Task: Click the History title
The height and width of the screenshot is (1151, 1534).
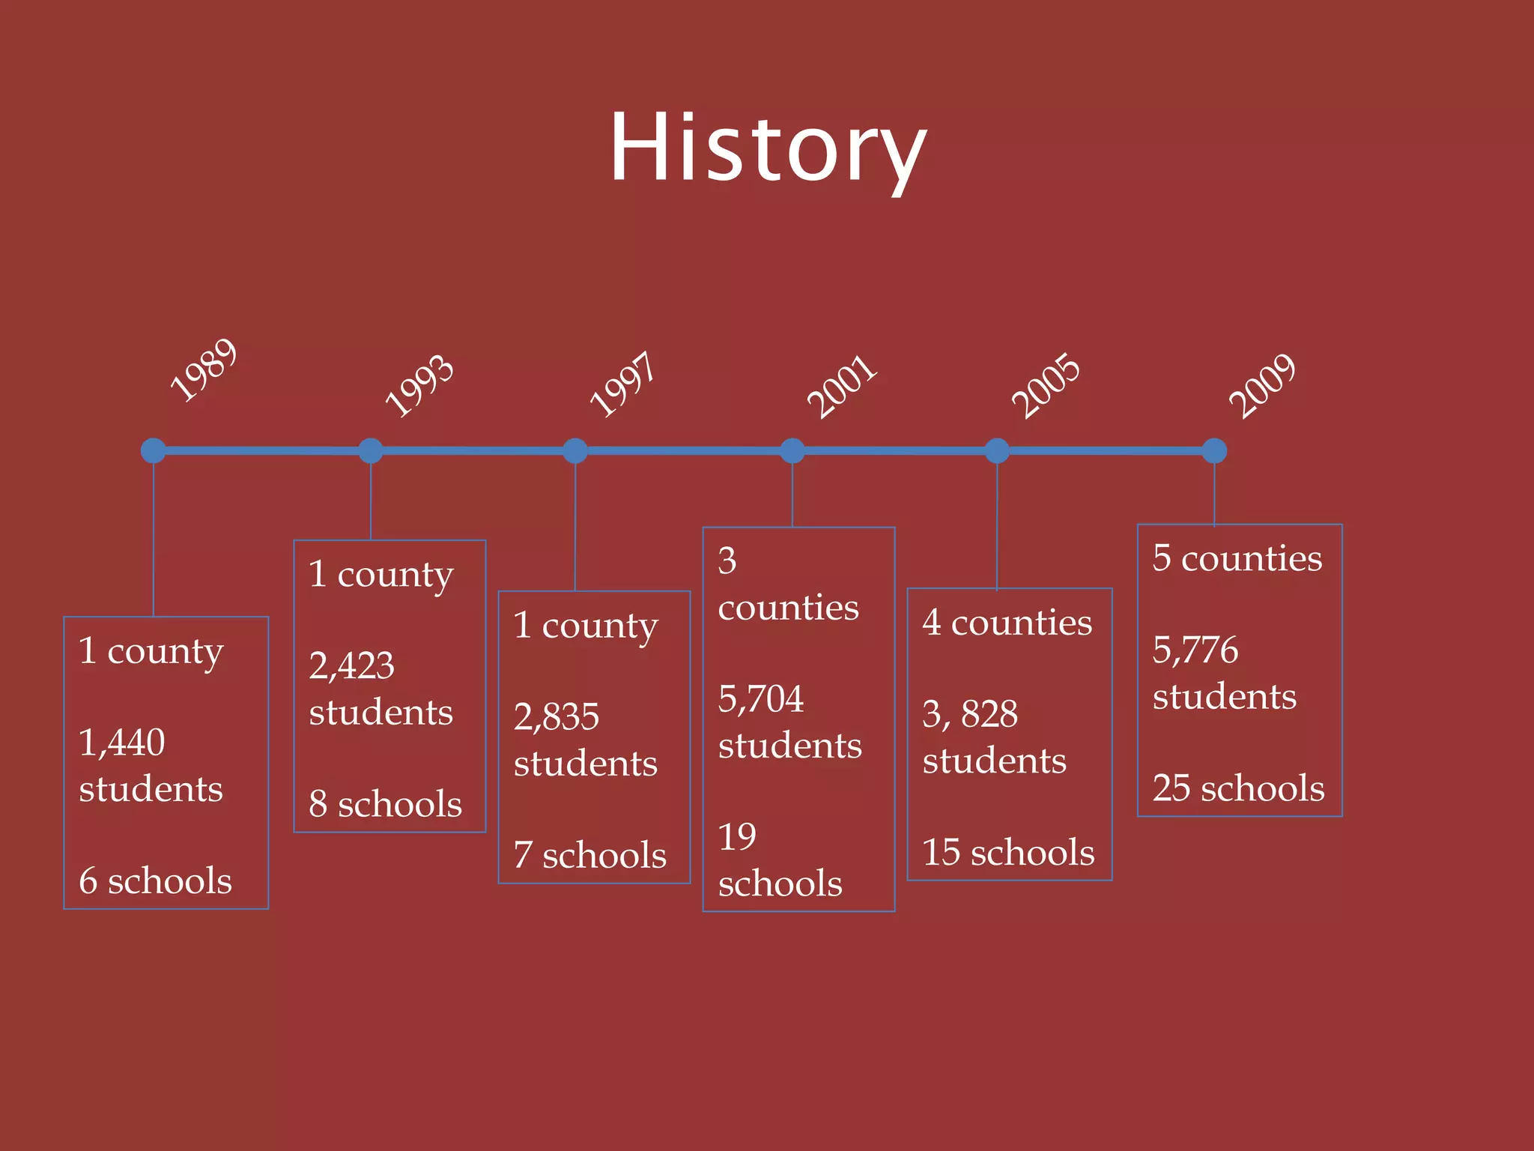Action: click(768, 148)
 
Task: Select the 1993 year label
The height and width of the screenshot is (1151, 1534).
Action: click(419, 385)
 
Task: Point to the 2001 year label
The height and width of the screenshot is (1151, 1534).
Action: click(841, 386)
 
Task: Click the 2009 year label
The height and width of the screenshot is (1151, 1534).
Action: click(1262, 385)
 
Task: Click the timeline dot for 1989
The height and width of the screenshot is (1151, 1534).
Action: click(154, 450)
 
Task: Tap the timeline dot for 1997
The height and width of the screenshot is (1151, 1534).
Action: click(575, 450)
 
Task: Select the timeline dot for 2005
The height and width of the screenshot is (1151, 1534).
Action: click(997, 450)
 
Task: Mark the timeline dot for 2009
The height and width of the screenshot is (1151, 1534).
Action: click(1214, 450)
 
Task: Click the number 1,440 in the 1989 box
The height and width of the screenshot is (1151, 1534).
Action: click(122, 743)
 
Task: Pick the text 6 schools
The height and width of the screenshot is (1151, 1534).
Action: click(156, 880)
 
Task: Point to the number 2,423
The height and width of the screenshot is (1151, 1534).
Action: click(351, 665)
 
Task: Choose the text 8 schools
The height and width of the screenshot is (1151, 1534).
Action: click(386, 804)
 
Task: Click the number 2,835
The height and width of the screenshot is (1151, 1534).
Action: click(557, 716)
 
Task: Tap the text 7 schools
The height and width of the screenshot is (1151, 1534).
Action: click(590, 855)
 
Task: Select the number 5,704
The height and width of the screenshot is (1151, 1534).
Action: click(761, 698)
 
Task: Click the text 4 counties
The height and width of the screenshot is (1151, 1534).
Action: click(1007, 623)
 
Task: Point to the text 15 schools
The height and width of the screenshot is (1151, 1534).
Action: click(1008, 853)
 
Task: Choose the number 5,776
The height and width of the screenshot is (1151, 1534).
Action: click(1195, 649)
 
